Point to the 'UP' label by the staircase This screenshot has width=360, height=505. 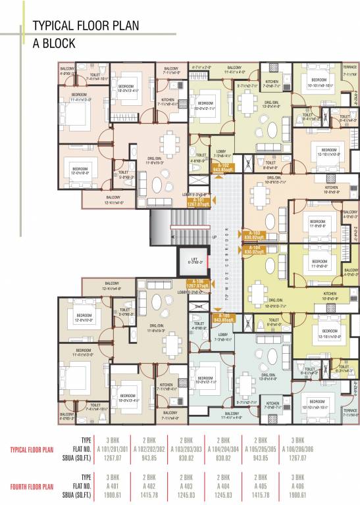(x=214, y=236)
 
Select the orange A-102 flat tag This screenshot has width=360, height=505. (x=222, y=167)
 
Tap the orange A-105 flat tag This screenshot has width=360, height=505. (x=222, y=318)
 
